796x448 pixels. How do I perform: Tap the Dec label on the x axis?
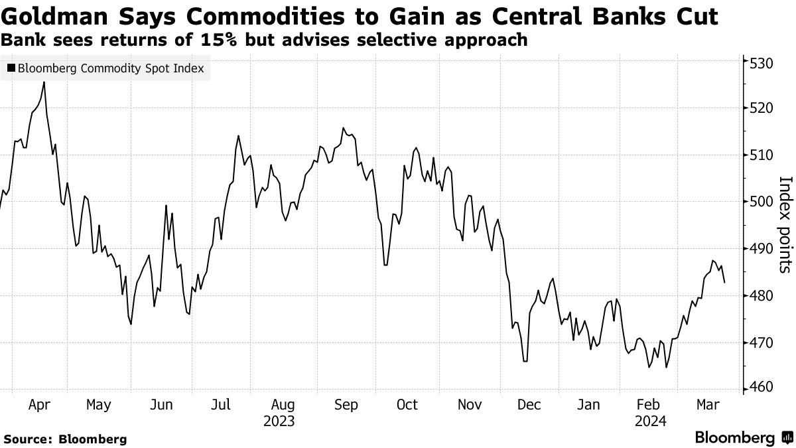[x=529, y=404]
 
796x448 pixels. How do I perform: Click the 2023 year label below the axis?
[x=279, y=421]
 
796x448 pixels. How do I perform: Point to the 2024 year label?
[x=650, y=421]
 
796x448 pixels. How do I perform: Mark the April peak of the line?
[x=44, y=82]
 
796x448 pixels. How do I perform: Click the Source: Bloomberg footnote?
[x=65, y=439]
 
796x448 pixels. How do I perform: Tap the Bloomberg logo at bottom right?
[x=742, y=437]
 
